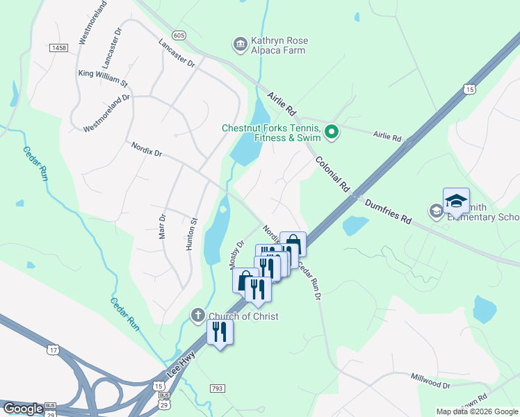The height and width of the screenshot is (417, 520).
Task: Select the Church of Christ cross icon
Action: click(x=197, y=316)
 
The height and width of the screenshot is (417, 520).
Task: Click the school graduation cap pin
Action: click(x=456, y=202)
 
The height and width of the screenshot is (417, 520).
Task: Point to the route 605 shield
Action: click(x=179, y=35)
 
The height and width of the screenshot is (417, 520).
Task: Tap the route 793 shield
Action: click(x=217, y=388)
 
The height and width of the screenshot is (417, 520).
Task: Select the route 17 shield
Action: click(x=53, y=350)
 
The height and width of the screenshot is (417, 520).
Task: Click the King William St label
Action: click(x=103, y=77)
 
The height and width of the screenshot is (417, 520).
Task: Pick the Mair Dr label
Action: click(x=163, y=227)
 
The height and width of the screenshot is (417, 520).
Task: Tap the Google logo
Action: click(x=22, y=409)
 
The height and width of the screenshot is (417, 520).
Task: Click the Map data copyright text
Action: click(x=477, y=411)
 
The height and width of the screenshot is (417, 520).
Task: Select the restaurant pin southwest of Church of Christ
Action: click(x=220, y=332)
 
